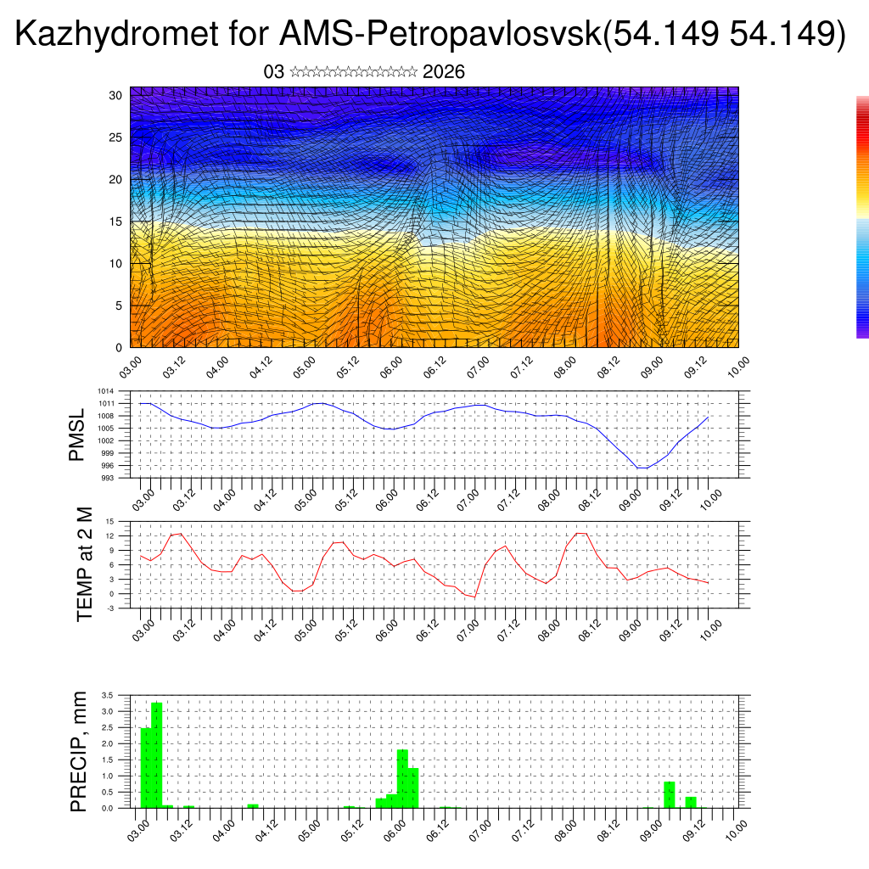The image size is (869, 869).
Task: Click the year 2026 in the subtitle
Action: [x=443, y=72]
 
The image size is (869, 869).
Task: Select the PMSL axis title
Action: [x=77, y=435]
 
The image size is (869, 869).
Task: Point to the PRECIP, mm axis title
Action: [x=79, y=752]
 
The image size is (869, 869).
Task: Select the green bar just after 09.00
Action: [x=670, y=794]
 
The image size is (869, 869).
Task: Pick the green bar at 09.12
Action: [x=691, y=802]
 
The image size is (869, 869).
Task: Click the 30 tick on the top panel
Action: [x=116, y=95]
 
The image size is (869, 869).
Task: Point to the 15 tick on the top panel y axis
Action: [x=116, y=221]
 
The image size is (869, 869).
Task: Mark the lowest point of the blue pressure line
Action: [x=643, y=468]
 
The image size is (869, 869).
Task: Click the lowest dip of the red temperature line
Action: [x=475, y=597]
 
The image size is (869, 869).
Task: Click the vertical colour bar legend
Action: [x=862, y=217]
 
